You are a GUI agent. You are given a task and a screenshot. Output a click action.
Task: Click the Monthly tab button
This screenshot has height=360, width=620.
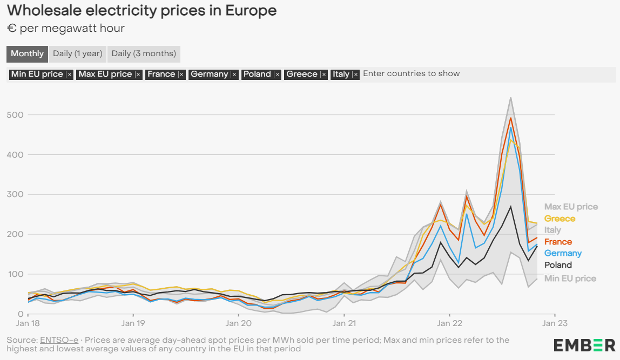point(27,53)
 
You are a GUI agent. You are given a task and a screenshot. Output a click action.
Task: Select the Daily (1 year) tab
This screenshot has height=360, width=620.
point(77,53)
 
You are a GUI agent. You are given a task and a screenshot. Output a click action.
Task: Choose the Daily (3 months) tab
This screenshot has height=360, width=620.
point(144,53)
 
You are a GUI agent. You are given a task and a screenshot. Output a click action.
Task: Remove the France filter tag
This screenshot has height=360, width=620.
point(181,74)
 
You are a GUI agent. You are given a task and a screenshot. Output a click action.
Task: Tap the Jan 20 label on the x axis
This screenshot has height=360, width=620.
point(238,324)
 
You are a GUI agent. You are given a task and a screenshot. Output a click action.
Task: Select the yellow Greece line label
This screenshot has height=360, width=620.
point(560,219)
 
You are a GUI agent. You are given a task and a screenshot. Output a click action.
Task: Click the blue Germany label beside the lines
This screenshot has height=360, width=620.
point(563,253)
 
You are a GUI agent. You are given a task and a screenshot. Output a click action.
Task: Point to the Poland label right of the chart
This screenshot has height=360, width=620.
point(558,265)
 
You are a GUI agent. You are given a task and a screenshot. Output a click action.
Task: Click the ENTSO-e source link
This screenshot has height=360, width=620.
point(59,340)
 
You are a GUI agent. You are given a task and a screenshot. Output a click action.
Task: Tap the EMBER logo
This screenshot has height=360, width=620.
point(584,345)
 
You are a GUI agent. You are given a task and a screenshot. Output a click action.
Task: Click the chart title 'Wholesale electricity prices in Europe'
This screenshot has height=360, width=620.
point(142,10)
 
